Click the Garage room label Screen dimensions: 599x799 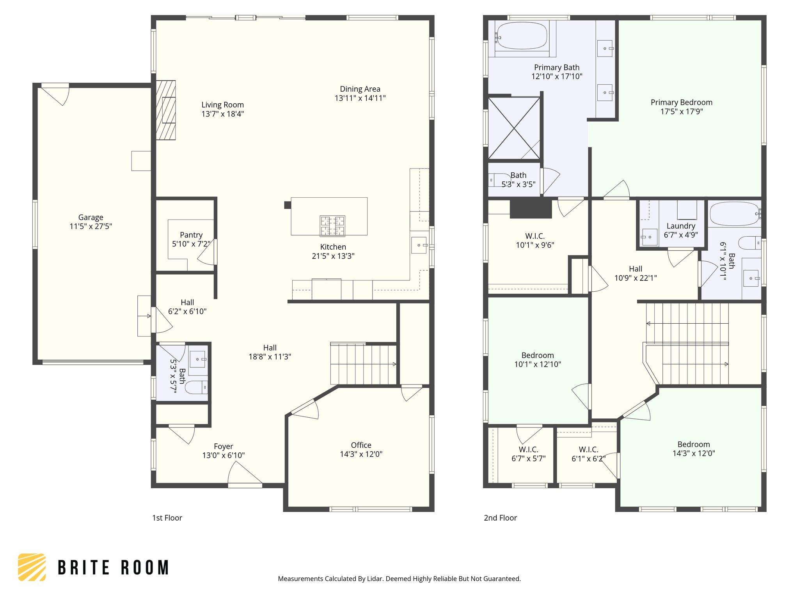pyautogui.click(x=91, y=217)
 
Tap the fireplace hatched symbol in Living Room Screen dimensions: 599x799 pyautogui.click(x=166, y=110)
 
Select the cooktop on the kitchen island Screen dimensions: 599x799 pyautogui.click(x=332, y=226)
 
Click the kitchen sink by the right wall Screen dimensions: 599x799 pyautogui.click(x=419, y=245)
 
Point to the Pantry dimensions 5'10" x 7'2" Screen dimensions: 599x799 pyautogui.click(x=191, y=244)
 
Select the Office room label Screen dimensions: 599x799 pyautogui.click(x=361, y=445)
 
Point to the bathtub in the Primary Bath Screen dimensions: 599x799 pyautogui.click(x=522, y=36)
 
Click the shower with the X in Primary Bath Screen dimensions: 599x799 pyautogui.click(x=514, y=128)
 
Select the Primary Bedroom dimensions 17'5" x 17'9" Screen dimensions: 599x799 pyautogui.click(x=681, y=112)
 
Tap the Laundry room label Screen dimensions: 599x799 pyautogui.click(x=681, y=226)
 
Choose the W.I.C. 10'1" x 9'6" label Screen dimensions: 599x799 pyautogui.click(x=535, y=236)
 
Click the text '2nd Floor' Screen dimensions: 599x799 pyautogui.click(x=500, y=518)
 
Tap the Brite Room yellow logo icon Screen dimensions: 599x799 pyautogui.click(x=32, y=567)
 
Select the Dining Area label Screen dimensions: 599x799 pyautogui.click(x=360, y=89)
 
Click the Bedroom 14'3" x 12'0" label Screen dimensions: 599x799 pyautogui.click(x=693, y=444)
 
